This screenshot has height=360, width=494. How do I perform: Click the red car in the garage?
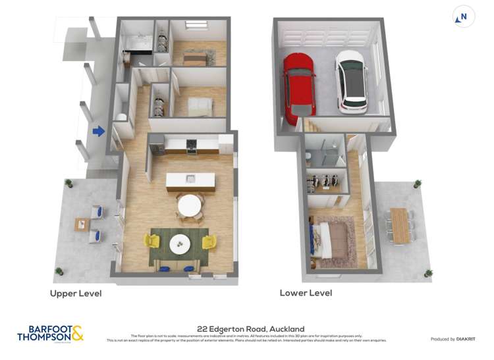(299, 88)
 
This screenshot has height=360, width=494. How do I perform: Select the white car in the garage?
(351, 82)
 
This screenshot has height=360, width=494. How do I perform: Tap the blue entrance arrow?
(99, 132)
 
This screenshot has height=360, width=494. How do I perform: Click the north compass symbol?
(464, 17)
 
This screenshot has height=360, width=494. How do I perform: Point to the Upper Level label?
(76, 294)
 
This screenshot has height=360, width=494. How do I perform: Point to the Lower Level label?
(306, 293)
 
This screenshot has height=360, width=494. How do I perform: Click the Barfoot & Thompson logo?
(50, 333)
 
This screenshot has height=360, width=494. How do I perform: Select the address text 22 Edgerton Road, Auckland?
(250, 329)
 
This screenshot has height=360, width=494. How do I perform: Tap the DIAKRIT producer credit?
(453, 339)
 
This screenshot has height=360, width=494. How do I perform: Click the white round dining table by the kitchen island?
(190, 205)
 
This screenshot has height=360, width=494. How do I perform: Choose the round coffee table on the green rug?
(179, 244)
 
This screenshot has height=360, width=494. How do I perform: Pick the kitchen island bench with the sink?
(190, 180)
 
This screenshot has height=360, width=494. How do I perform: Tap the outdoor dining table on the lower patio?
(400, 226)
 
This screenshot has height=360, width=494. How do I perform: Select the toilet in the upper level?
(121, 116)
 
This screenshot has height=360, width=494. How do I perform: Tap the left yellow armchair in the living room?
(153, 242)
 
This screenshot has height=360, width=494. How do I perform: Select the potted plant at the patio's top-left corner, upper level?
(69, 184)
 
